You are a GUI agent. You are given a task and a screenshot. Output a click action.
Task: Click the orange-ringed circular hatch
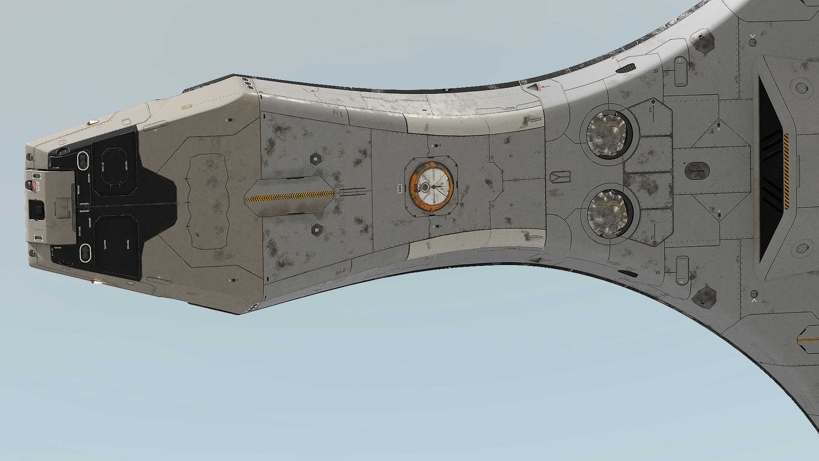[431, 187]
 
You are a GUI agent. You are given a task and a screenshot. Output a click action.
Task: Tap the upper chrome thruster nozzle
[609, 131]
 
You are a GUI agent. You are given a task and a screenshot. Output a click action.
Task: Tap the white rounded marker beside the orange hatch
[400, 187]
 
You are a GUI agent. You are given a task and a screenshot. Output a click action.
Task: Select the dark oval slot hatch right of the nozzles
[697, 171]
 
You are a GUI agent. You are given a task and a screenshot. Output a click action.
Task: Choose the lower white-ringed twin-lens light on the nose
[85, 253]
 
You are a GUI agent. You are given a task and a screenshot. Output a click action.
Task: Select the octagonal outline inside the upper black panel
[114, 167]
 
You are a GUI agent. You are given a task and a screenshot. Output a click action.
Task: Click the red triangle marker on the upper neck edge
[543, 88]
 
